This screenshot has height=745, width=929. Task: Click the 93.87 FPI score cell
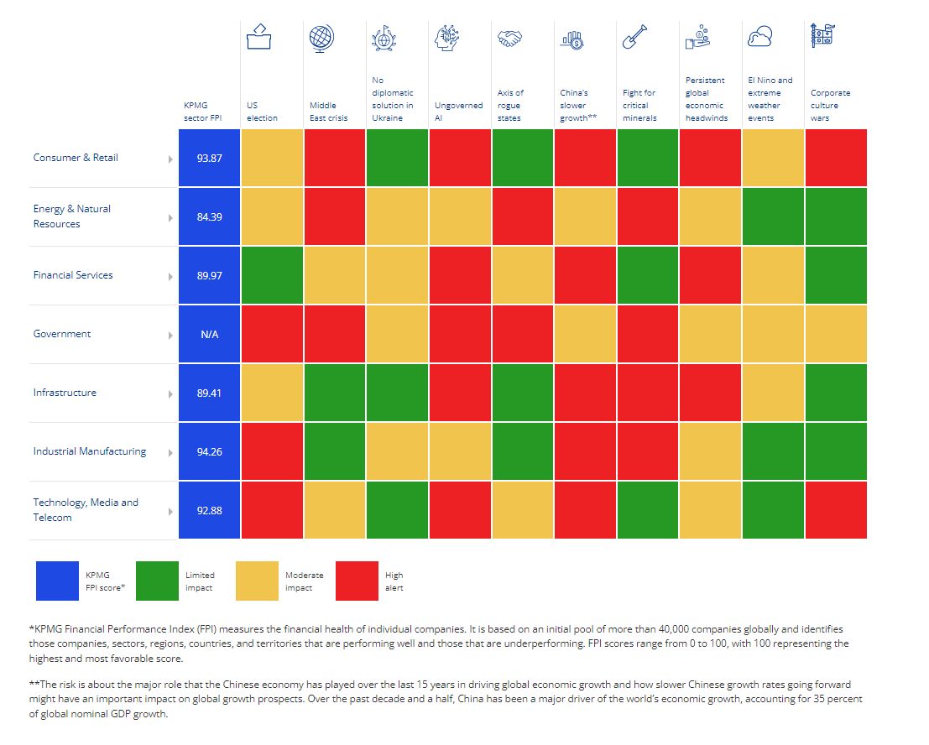click(209, 158)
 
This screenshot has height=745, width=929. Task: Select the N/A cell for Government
click(209, 334)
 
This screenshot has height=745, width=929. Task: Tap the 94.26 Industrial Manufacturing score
click(209, 451)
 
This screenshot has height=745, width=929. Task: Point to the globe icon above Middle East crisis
click(321, 38)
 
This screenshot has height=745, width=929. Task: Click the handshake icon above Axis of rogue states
click(509, 39)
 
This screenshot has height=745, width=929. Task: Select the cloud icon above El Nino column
click(759, 37)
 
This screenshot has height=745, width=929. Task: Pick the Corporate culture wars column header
click(831, 106)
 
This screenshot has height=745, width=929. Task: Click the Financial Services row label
click(73, 275)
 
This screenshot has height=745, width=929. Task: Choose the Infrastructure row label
click(65, 393)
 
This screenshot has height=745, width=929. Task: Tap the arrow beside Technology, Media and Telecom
click(170, 511)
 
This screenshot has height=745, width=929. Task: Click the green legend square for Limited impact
click(156, 581)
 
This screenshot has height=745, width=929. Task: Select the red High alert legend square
click(357, 581)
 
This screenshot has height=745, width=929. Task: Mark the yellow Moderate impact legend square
click(257, 581)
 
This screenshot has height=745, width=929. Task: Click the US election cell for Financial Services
click(271, 275)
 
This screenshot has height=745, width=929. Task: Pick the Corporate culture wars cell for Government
click(836, 334)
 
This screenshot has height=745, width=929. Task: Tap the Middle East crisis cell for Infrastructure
click(334, 393)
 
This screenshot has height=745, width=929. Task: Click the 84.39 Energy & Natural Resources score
click(209, 216)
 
